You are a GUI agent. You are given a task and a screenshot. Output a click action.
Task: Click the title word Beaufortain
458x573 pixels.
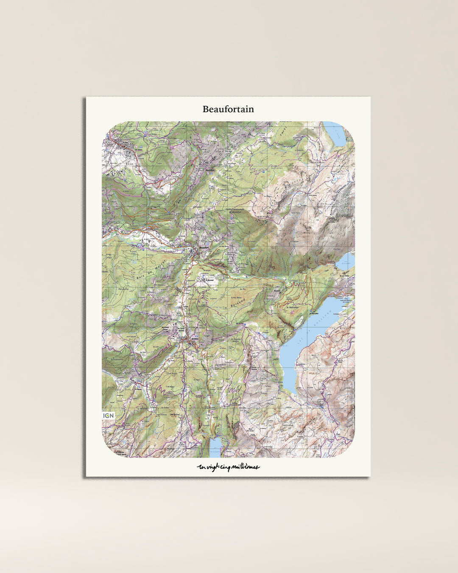(x=228, y=109)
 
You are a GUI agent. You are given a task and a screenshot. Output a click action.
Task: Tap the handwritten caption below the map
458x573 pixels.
(x=228, y=467)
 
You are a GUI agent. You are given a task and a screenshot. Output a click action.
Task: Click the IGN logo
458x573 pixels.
(x=109, y=415)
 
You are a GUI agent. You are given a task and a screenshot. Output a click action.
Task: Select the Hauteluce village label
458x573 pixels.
(x=208, y=171)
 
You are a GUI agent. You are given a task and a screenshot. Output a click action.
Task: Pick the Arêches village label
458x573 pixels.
(x=195, y=339)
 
